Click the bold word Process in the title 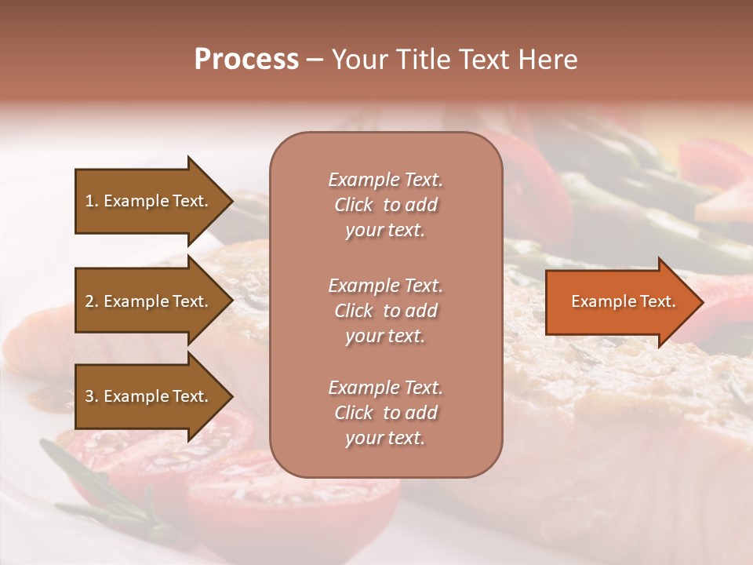click(x=246, y=60)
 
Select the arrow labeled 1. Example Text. click(x=149, y=201)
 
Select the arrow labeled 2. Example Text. click(x=149, y=301)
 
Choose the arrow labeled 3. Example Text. click(x=149, y=396)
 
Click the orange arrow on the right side click(x=620, y=301)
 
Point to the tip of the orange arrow click(x=701, y=302)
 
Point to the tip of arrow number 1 click(x=231, y=201)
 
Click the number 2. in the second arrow click(x=92, y=301)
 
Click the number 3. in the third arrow click(x=92, y=396)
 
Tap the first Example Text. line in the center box click(x=385, y=180)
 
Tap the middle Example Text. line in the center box click(x=385, y=286)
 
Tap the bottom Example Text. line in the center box click(x=385, y=388)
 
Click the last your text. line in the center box click(x=385, y=439)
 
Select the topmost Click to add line click(x=385, y=205)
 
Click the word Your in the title click(x=358, y=60)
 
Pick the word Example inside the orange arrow click(x=598, y=301)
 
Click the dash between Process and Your click(x=315, y=60)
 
